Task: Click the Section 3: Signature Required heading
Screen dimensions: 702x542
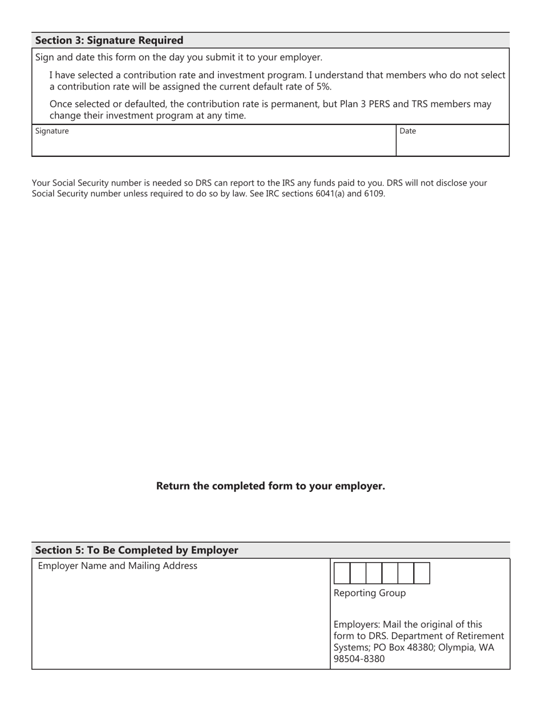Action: tap(109, 41)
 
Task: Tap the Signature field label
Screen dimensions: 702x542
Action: tap(52, 131)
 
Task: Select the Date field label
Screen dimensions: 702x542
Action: tap(407, 131)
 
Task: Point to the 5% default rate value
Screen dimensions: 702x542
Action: tap(323, 87)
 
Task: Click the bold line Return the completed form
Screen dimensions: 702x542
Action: tap(270, 486)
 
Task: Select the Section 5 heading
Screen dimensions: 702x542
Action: tap(136, 550)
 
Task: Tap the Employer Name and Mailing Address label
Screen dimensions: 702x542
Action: tap(117, 566)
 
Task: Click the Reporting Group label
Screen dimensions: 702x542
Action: tap(369, 593)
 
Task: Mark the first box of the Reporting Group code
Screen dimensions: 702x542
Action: tap(341, 573)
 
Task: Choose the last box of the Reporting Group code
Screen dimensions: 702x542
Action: tap(422, 573)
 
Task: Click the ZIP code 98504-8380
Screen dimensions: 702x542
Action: tap(359, 659)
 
